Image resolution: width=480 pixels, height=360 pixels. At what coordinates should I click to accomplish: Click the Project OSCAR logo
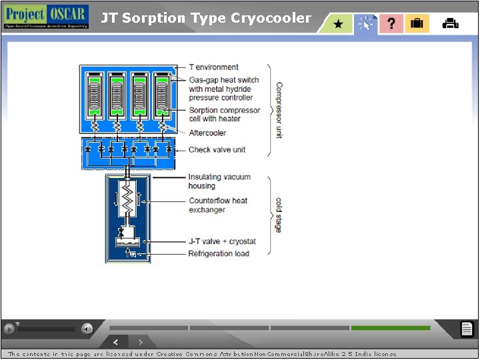[46, 16]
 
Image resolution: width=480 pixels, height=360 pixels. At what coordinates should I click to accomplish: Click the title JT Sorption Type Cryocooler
[206, 18]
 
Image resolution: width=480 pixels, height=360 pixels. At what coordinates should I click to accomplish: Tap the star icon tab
[338, 24]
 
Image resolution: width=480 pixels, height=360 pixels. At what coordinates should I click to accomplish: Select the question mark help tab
[391, 23]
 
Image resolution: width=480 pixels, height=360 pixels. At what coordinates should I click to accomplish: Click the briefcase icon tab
[417, 23]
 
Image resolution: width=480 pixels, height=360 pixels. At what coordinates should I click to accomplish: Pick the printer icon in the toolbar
[451, 23]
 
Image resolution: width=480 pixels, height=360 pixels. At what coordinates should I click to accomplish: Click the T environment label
[213, 67]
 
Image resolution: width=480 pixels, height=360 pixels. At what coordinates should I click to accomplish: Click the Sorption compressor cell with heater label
[224, 114]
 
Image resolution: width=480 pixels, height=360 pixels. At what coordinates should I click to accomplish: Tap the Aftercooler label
[207, 133]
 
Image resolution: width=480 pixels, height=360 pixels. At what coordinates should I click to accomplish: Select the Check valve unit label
[217, 149]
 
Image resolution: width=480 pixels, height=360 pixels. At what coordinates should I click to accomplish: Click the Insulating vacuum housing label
[219, 181]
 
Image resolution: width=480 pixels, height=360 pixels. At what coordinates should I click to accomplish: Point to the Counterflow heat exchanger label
[217, 205]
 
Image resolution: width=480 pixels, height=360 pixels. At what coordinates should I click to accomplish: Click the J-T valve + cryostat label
[221, 241]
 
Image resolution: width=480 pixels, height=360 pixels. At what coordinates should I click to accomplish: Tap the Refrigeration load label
[219, 253]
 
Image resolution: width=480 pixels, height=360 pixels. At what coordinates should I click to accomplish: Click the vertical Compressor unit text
[279, 110]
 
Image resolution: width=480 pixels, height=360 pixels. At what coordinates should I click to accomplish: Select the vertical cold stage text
[279, 215]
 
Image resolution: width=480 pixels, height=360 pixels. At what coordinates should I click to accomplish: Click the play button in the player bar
[9, 328]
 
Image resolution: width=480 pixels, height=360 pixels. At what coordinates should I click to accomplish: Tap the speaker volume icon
[87, 328]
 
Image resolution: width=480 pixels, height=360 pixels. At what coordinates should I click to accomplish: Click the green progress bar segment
[391, 328]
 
